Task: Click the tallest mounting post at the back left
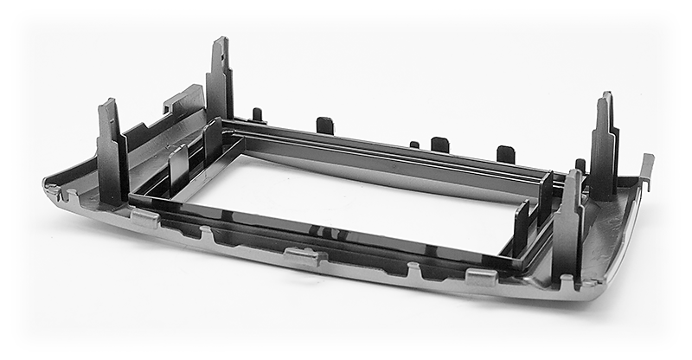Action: [219, 82]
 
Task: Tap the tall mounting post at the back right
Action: [604, 147]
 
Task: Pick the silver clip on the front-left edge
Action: [144, 217]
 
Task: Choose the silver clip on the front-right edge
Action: [481, 276]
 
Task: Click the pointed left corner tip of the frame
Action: [48, 184]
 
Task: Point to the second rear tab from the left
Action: [324, 125]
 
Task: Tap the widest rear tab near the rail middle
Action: [440, 144]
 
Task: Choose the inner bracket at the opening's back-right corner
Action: [545, 195]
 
